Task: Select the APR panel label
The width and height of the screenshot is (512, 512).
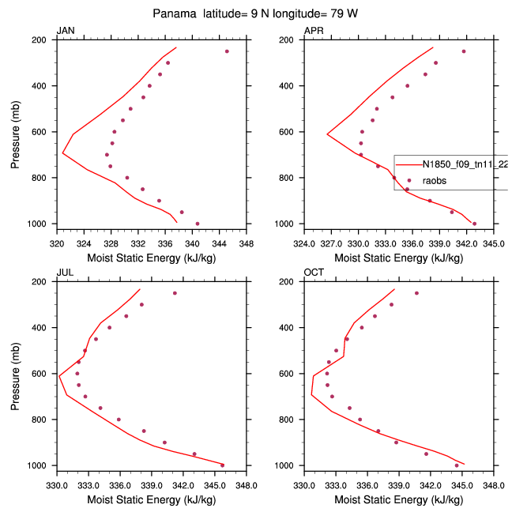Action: (x=313, y=31)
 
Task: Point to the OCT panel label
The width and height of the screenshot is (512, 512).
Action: (x=314, y=273)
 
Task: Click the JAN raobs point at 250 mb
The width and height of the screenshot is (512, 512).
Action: (x=227, y=51)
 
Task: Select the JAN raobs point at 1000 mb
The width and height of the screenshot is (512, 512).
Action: (x=198, y=224)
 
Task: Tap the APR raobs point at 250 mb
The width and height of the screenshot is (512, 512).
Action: (x=464, y=51)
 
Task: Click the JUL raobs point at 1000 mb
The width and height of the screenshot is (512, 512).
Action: (x=222, y=465)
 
